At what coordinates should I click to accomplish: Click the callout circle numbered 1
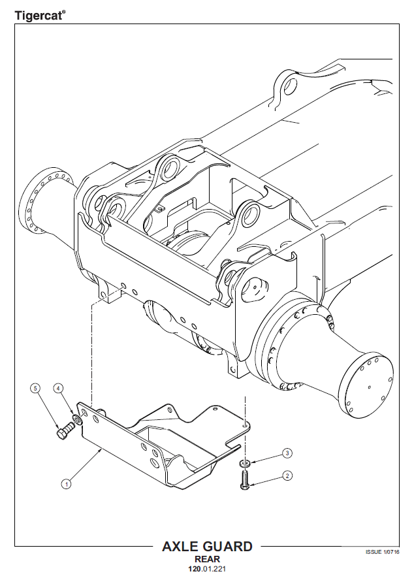pos(66,484)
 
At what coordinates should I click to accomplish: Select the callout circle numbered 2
pos(287,476)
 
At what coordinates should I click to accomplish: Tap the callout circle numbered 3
pos(287,453)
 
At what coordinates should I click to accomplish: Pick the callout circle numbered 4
pos(58,388)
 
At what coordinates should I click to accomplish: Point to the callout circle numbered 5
pos(35,388)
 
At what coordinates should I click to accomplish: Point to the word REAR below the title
pos(207,559)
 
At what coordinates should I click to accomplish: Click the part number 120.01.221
pos(207,569)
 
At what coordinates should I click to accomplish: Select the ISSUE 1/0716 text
pos(382,552)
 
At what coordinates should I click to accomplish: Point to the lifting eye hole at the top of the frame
pos(291,88)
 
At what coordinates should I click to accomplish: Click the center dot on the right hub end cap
pos(370,387)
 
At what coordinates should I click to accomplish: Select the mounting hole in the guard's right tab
pos(244,425)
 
